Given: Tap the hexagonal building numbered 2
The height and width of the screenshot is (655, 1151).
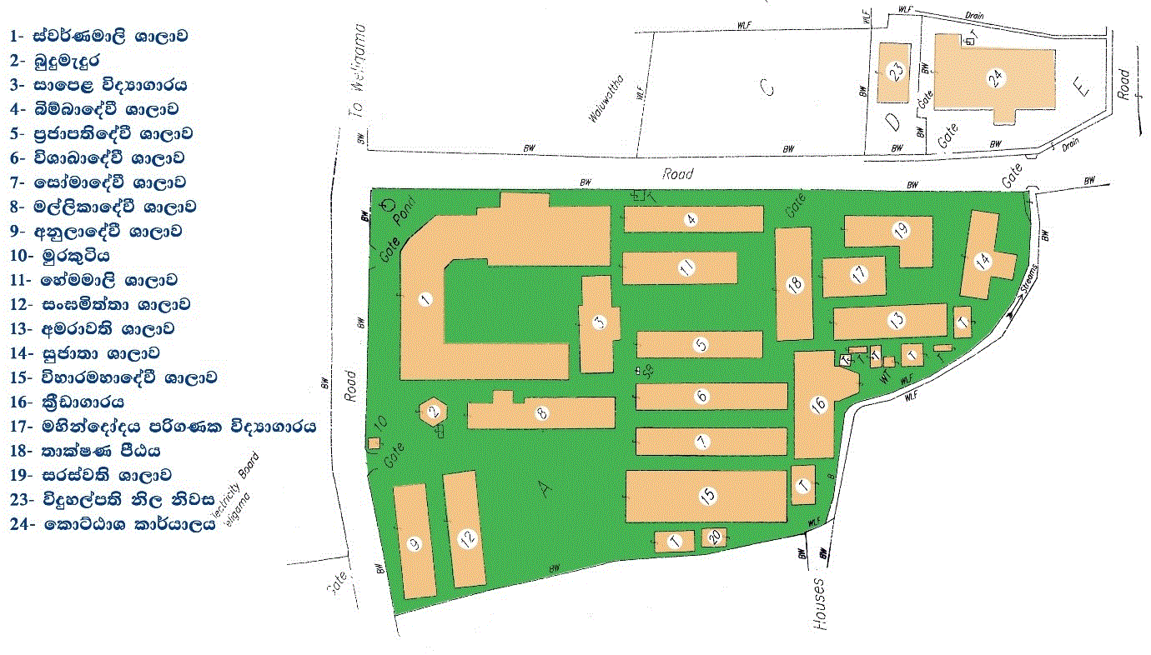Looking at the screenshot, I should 434,411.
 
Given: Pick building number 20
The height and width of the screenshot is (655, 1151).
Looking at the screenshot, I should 714,538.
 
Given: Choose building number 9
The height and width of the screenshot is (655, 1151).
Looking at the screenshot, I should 414,543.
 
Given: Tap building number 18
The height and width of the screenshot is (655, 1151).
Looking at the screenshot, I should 795,284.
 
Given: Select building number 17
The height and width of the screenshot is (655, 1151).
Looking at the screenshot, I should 857,274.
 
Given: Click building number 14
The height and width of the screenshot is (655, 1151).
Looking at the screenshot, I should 983,260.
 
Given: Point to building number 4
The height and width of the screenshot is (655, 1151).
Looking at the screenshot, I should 691,219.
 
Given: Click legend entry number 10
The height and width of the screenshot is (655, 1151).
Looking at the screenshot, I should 60,256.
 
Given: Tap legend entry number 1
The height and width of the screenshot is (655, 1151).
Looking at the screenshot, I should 98,37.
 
